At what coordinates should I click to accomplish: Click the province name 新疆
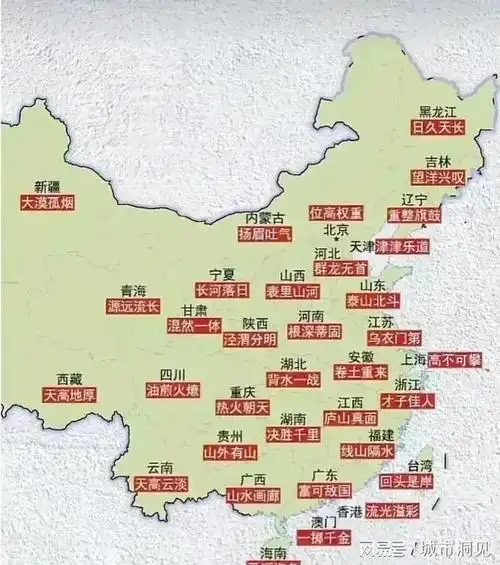pyautogui.click(x=48, y=186)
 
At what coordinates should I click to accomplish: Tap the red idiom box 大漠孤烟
pyautogui.click(x=48, y=203)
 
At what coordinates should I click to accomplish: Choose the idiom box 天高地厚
pyautogui.click(x=69, y=396)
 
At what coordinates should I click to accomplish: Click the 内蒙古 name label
pyautogui.click(x=264, y=217)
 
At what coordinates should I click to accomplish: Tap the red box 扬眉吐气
pyautogui.click(x=264, y=234)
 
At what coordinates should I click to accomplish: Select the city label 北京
pyautogui.click(x=336, y=231)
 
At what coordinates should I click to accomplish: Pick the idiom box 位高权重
pyautogui.click(x=336, y=213)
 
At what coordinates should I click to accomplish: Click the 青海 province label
pyautogui.click(x=133, y=290)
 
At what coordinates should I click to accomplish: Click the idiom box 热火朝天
pyautogui.click(x=243, y=407)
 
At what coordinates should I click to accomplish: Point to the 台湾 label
pyautogui.click(x=421, y=465)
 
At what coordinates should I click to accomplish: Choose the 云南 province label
pyautogui.click(x=160, y=467)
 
